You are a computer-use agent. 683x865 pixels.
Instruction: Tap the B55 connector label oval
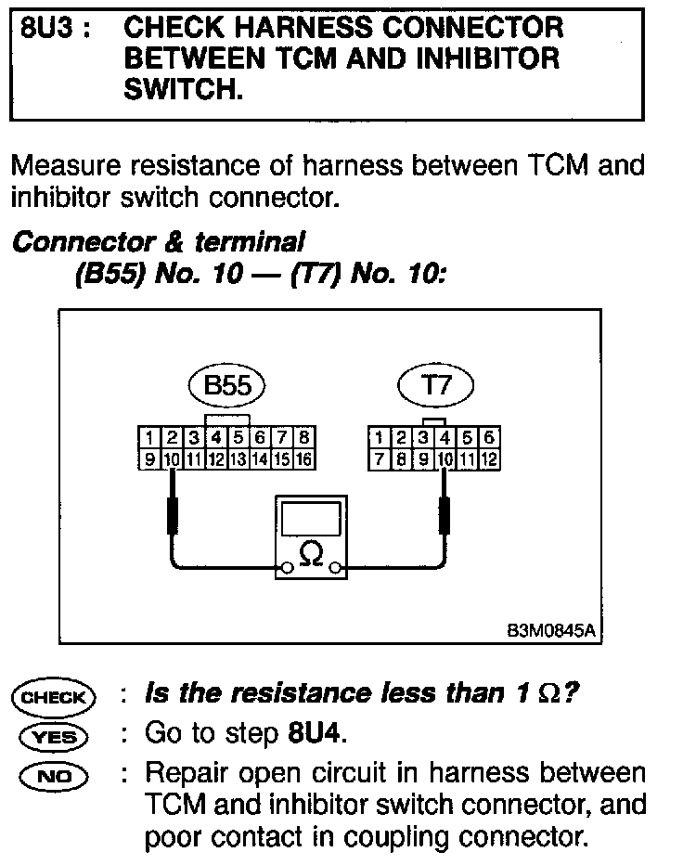(x=226, y=386)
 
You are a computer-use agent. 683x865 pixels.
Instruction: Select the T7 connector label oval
(x=435, y=385)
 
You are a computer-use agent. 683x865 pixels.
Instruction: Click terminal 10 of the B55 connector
(x=172, y=458)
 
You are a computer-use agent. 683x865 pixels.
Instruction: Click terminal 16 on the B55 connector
(x=303, y=458)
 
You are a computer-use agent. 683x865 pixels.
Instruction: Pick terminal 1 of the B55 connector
(x=148, y=437)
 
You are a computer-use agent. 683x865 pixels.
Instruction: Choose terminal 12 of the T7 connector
(x=489, y=458)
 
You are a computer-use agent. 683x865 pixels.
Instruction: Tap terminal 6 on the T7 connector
(x=489, y=437)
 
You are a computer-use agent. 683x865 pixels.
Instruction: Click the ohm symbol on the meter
(x=312, y=556)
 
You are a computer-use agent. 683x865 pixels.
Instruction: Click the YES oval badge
(x=53, y=736)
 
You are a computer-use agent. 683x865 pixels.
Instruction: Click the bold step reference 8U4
(x=311, y=734)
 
